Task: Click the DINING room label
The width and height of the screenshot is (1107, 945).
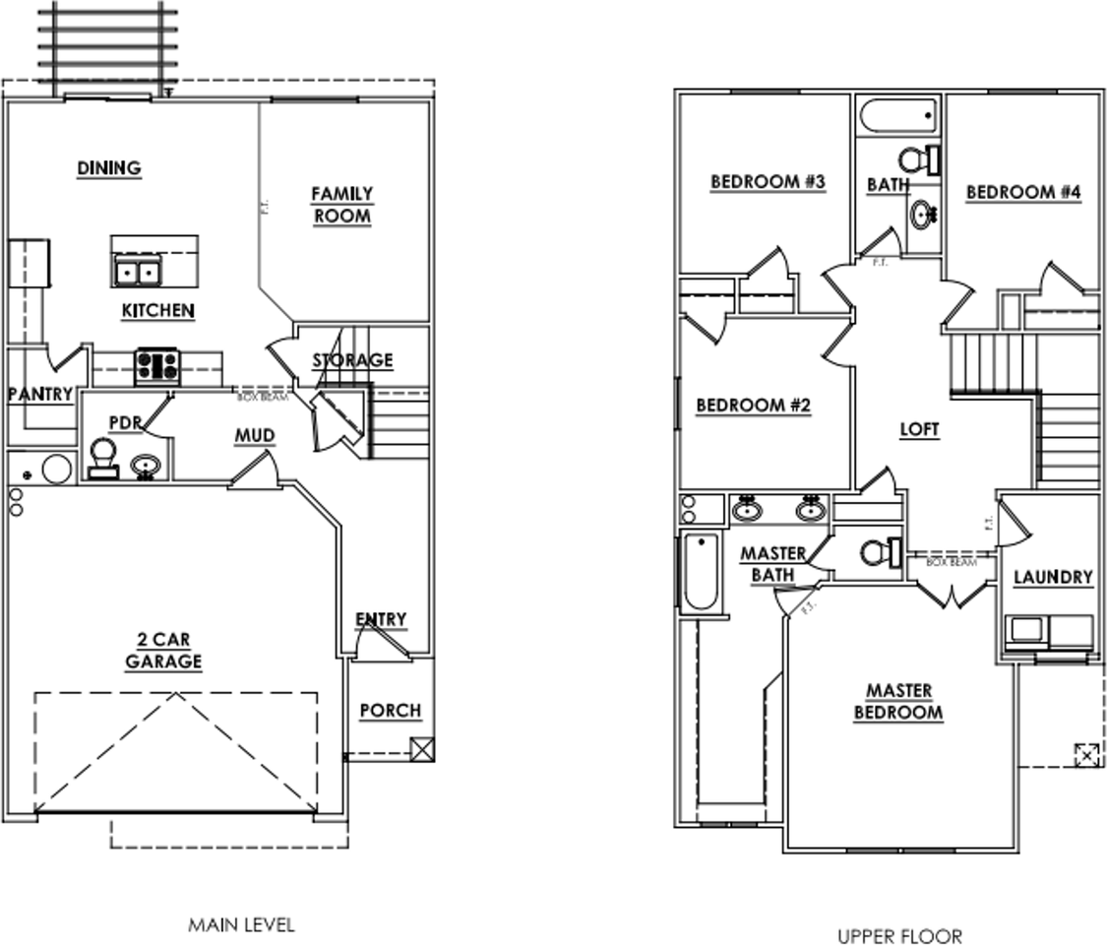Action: pyautogui.click(x=109, y=168)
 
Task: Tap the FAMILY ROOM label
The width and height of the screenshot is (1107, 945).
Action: pyautogui.click(x=341, y=205)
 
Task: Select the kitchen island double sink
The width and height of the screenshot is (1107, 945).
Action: pyautogui.click(x=137, y=272)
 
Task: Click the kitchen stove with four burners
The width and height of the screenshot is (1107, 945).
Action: pyautogui.click(x=156, y=366)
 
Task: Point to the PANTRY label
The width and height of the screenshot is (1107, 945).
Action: pyautogui.click(x=40, y=395)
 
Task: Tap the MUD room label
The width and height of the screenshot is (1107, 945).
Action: pyautogui.click(x=255, y=435)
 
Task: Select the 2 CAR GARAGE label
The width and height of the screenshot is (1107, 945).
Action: pyautogui.click(x=163, y=650)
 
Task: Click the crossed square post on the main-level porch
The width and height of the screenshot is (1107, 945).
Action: pyautogui.click(x=422, y=749)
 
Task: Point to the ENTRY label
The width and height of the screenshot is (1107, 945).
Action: pyautogui.click(x=381, y=619)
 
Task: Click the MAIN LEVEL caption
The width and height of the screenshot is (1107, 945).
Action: pyautogui.click(x=241, y=924)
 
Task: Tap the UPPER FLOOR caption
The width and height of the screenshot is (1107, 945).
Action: pyautogui.click(x=899, y=935)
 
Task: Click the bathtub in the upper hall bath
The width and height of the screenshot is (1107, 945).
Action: pyautogui.click(x=898, y=116)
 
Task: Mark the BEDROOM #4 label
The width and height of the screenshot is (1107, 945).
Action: pyautogui.click(x=1023, y=193)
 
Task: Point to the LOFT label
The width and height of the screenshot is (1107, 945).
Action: pyautogui.click(x=920, y=430)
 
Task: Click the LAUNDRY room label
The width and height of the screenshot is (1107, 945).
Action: pyautogui.click(x=1053, y=578)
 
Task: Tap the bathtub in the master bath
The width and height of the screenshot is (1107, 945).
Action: pyautogui.click(x=700, y=572)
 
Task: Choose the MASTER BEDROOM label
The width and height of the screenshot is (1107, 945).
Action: pyautogui.click(x=897, y=702)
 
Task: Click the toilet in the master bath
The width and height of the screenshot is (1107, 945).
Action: pyautogui.click(x=879, y=552)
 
